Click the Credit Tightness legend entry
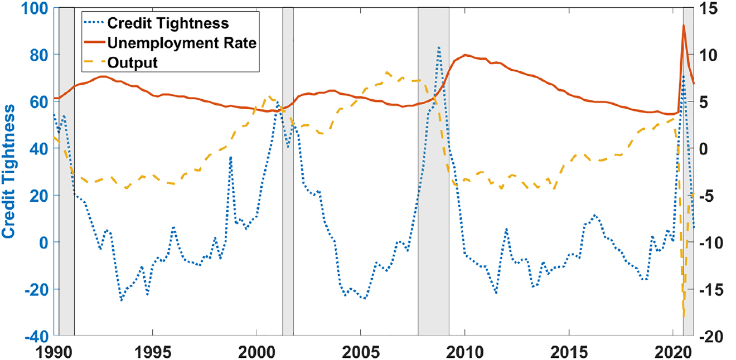[167, 23]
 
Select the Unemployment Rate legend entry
[181, 43]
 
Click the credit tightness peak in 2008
[439, 48]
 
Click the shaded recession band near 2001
[288, 167]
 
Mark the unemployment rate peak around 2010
[465, 55]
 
